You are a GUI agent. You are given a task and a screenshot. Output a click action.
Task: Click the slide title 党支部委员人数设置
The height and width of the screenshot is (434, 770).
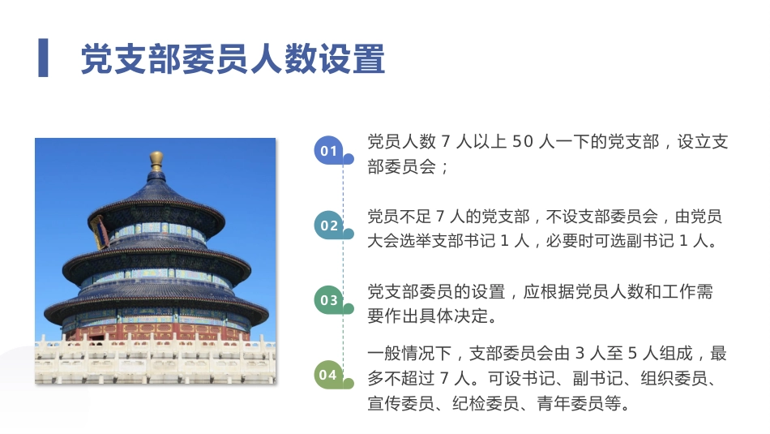point(232,59)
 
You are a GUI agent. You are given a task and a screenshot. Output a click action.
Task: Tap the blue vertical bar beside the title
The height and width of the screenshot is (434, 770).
point(43,58)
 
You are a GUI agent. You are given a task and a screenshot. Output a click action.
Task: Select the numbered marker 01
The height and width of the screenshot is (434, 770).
point(328,151)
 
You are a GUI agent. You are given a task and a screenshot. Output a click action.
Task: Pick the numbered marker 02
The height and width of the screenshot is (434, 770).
point(328,226)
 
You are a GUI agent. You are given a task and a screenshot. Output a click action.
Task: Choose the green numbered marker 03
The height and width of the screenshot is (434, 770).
point(328,300)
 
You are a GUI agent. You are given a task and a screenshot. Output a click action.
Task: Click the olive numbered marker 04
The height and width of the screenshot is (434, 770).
point(328,375)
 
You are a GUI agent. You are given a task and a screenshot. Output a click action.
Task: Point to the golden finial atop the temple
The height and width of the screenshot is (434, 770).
point(156,160)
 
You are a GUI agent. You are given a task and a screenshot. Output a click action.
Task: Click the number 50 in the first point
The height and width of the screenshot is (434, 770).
point(523,142)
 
